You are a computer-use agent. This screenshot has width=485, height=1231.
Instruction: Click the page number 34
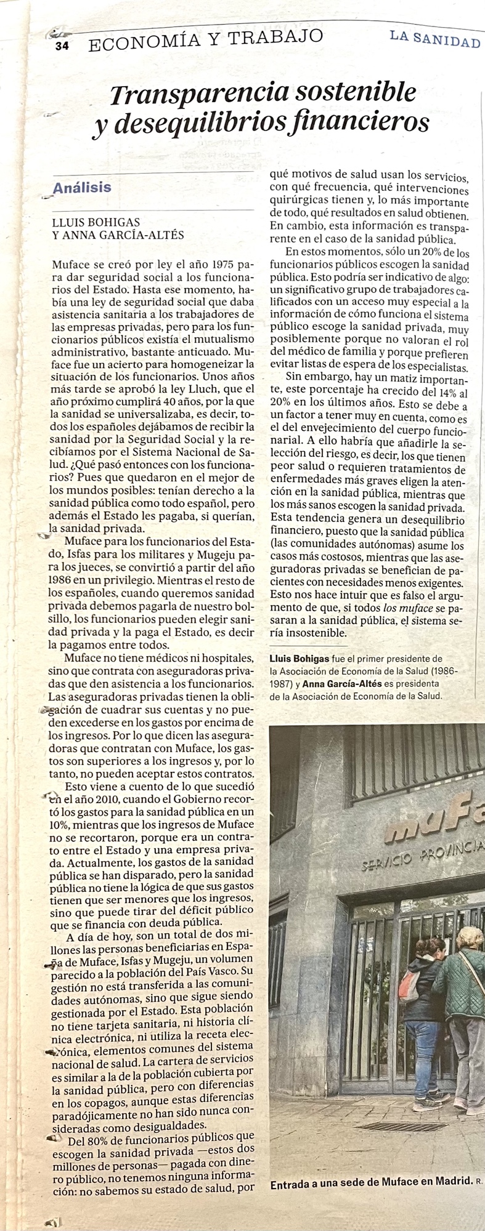(x=62, y=46)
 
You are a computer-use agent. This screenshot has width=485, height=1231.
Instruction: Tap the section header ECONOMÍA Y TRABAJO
(x=205, y=41)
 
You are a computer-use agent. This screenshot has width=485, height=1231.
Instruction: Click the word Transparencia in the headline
(x=199, y=94)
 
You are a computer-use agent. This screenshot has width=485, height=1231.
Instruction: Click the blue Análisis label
(x=82, y=188)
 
